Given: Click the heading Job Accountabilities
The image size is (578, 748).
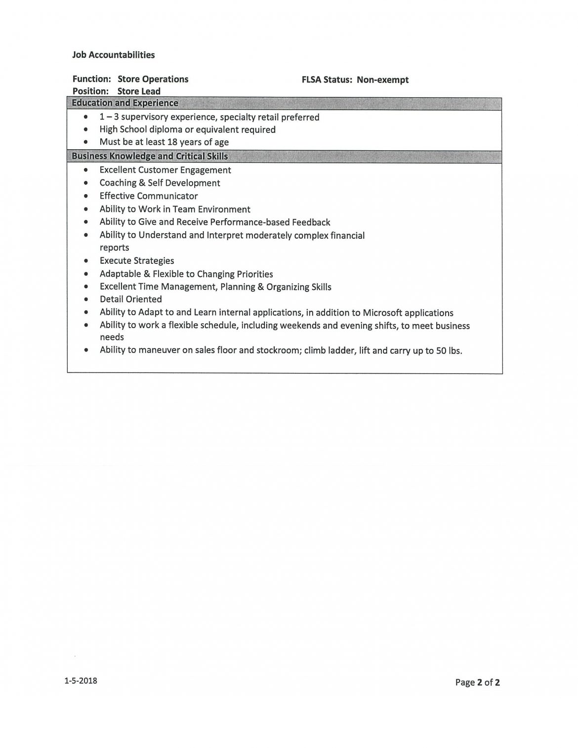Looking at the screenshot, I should [x=113, y=55].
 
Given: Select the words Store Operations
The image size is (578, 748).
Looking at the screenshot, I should [x=153, y=79].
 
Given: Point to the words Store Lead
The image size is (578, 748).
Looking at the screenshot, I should [x=139, y=91].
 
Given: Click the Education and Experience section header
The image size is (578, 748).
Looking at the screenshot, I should [x=125, y=103].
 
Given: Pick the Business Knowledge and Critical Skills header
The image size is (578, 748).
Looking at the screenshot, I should [x=150, y=156].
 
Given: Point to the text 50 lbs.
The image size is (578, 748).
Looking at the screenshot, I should [x=449, y=351].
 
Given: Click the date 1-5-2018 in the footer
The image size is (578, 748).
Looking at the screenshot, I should [x=81, y=681].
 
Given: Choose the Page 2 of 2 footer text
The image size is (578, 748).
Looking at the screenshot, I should [x=477, y=683].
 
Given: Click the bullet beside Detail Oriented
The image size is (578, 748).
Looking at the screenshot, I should [x=87, y=299].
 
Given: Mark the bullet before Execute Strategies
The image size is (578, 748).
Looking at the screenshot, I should [x=87, y=261].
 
